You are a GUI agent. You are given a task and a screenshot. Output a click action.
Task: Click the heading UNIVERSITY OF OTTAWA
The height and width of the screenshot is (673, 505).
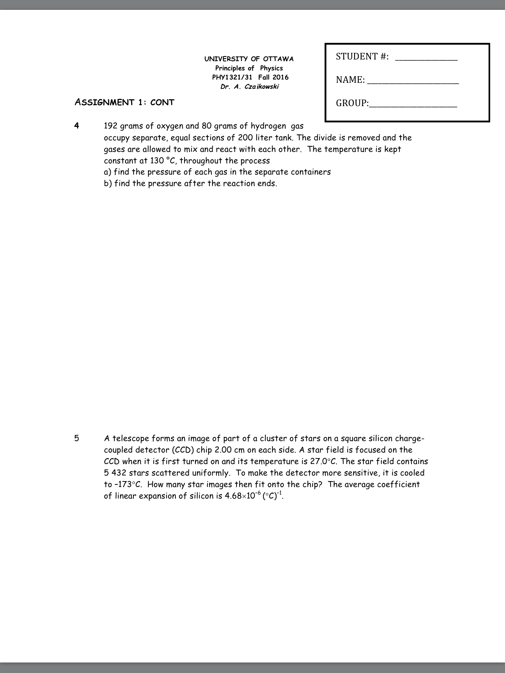[249, 59]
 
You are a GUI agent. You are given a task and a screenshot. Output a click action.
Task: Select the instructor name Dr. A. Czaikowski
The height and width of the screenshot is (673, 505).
[250, 87]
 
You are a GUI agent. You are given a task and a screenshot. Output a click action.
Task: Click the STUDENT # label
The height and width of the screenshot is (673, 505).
[362, 57]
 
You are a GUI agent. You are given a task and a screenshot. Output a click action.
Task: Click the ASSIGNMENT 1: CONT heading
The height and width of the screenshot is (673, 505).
[124, 102]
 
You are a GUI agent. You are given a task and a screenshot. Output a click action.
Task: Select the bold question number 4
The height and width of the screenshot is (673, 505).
[77, 126]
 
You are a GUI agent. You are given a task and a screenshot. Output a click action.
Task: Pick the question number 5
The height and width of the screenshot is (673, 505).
[77, 438]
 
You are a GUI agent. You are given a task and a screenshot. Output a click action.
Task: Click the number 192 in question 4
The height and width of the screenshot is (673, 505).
[111, 126]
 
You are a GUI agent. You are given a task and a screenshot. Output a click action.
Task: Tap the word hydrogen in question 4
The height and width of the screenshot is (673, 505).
[268, 126]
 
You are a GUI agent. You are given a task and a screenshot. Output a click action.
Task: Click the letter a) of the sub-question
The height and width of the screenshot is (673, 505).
[108, 172]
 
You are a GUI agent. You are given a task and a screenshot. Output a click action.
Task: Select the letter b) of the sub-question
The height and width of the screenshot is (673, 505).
[108, 184]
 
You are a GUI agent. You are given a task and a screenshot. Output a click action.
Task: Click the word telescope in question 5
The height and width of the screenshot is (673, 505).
[130, 438]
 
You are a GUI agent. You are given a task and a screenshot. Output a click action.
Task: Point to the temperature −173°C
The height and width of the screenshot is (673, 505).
[127, 485]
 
